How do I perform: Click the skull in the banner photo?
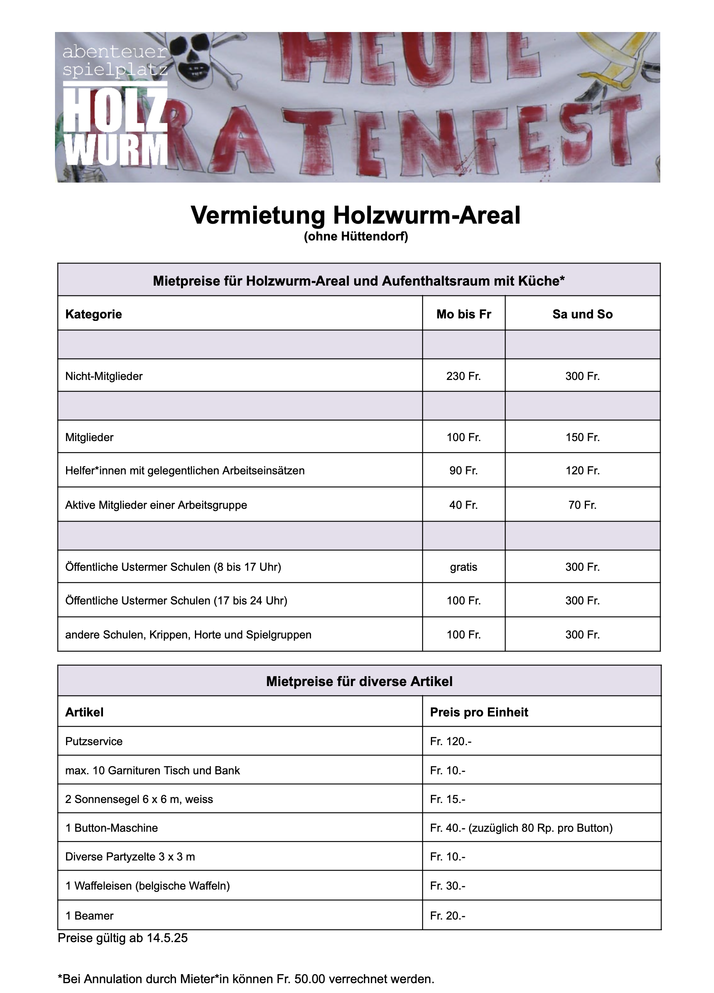[x=191, y=57]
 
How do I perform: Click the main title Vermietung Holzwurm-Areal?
[x=355, y=215]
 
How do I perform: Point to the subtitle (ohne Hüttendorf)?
[x=355, y=237]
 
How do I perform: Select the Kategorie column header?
[x=93, y=314]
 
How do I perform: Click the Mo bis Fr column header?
[x=464, y=314]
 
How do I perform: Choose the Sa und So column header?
[x=582, y=314]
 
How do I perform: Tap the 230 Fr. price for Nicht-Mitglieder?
[x=463, y=376]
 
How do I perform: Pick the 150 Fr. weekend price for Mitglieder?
[x=582, y=437]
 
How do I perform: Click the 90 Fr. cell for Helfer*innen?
[x=463, y=471]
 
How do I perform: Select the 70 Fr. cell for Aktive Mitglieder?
[x=582, y=505]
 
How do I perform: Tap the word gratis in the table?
[x=463, y=567]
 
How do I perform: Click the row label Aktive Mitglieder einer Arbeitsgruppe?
[x=156, y=505]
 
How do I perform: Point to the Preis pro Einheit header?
[x=478, y=712]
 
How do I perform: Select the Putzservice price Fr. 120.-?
[x=450, y=741]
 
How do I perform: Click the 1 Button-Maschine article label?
[x=111, y=828]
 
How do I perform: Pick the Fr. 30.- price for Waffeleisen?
[x=447, y=886]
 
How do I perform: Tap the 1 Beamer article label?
[x=89, y=915]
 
